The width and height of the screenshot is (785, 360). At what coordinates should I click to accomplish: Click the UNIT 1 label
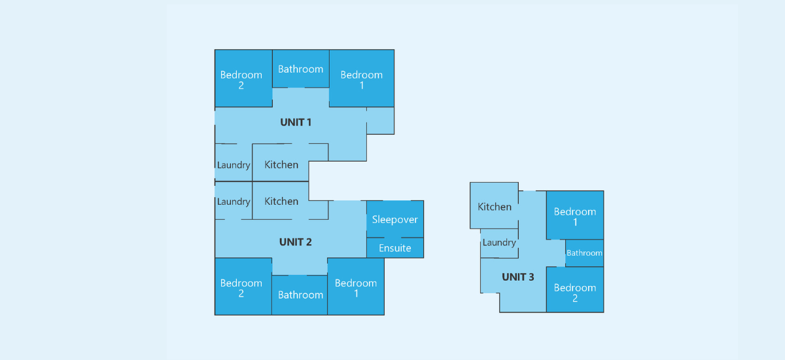[x=296, y=122]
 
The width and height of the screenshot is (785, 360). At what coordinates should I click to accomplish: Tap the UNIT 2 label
[x=296, y=242]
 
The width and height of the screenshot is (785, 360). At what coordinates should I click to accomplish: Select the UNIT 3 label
[x=517, y=278]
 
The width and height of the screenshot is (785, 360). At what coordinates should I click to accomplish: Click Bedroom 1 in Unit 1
[x=362, y=78]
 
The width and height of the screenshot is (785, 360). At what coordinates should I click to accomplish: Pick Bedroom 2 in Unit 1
[x=243, y=78]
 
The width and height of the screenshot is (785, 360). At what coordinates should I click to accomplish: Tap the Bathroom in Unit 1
[x=301, y=69]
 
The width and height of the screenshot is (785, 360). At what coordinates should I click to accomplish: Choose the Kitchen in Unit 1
[x=281, y=162]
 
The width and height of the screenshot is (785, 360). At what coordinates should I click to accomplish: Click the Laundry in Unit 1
[x=234, y=162]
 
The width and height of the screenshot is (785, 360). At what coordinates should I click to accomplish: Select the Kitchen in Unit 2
[x=281, y=201]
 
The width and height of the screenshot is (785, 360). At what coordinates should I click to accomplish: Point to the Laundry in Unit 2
[x=234, y=201]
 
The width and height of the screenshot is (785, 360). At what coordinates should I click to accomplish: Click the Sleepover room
[x=395, y=219]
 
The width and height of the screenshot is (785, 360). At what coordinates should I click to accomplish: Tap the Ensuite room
[x=395, y=248]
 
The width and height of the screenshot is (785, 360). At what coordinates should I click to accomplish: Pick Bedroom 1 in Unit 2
[x=356, y=287]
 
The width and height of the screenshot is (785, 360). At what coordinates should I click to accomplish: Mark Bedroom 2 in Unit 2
[x=243, y=287]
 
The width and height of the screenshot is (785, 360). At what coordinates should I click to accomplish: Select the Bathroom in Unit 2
[x=300, y=295]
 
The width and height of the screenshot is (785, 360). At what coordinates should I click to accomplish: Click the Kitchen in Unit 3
[x=494, y=206]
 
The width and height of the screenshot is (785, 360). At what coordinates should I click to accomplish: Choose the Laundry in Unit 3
[x=499, y=243]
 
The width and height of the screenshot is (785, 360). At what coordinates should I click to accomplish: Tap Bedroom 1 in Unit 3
[x=575, y=215]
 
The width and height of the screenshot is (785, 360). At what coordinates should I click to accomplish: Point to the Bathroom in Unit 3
[x=585, y=253]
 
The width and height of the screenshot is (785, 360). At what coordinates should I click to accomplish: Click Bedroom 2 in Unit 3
[x=575, y=289]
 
